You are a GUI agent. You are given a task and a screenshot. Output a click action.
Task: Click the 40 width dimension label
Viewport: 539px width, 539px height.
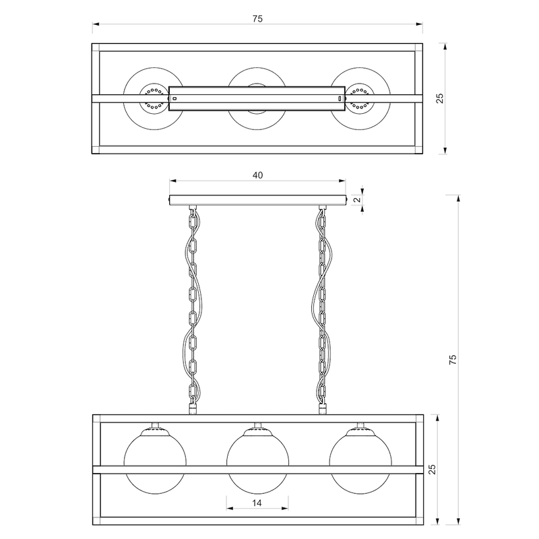[257, 175]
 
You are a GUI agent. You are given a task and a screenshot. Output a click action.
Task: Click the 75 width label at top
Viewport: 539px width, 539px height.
[257, 20]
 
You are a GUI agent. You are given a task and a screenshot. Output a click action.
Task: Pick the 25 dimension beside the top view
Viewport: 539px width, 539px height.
[440, 98]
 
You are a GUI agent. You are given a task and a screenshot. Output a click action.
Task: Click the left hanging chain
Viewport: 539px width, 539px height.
[193, 303]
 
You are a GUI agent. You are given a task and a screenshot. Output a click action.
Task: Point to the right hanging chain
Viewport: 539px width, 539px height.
[322, 303]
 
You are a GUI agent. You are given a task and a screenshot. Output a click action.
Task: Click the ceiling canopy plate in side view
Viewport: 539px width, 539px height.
[257, 200]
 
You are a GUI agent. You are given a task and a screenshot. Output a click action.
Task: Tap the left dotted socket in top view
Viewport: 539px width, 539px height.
[154, 98]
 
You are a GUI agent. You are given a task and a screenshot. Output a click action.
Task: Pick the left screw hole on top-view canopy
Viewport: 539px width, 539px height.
[175, 98]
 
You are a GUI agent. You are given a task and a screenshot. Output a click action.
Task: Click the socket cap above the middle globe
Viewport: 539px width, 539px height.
[257, 426]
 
